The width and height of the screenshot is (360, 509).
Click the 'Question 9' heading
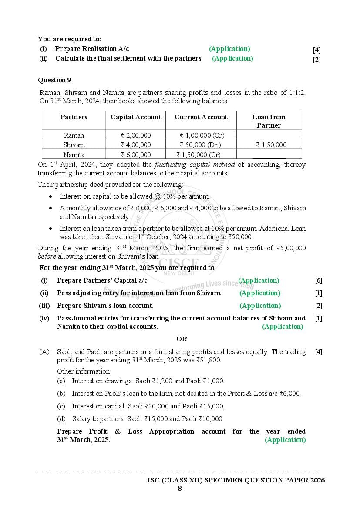pos(54,80)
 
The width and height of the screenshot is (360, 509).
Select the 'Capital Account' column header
pos(136,117)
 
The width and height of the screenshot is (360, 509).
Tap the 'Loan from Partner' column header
pos(269,121)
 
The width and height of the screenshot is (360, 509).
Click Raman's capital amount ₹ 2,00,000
pos(136,135)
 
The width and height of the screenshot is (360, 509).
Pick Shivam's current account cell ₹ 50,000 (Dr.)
pos(200,145)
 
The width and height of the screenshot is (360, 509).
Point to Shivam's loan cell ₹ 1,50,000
pos(271,145)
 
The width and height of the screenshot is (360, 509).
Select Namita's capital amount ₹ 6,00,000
pos(136,155)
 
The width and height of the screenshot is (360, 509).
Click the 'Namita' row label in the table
pos(74,155)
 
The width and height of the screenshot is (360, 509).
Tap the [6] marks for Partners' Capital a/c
pos(319,281)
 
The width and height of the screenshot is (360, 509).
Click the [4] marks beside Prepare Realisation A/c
pos(317,50)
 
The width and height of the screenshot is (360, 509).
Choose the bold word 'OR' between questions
pos(182,339)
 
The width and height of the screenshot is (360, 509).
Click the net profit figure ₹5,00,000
pos(291,248)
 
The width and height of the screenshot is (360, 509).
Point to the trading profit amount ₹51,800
pos(209,361)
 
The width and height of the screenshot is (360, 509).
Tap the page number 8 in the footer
pos(179,488)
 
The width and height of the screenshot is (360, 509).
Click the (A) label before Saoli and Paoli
pos(44,352)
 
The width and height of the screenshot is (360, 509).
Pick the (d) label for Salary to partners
pos(61,419)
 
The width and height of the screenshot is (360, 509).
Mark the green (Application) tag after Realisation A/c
pos(229,49)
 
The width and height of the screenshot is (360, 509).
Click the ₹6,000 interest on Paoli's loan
pos(289,394)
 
